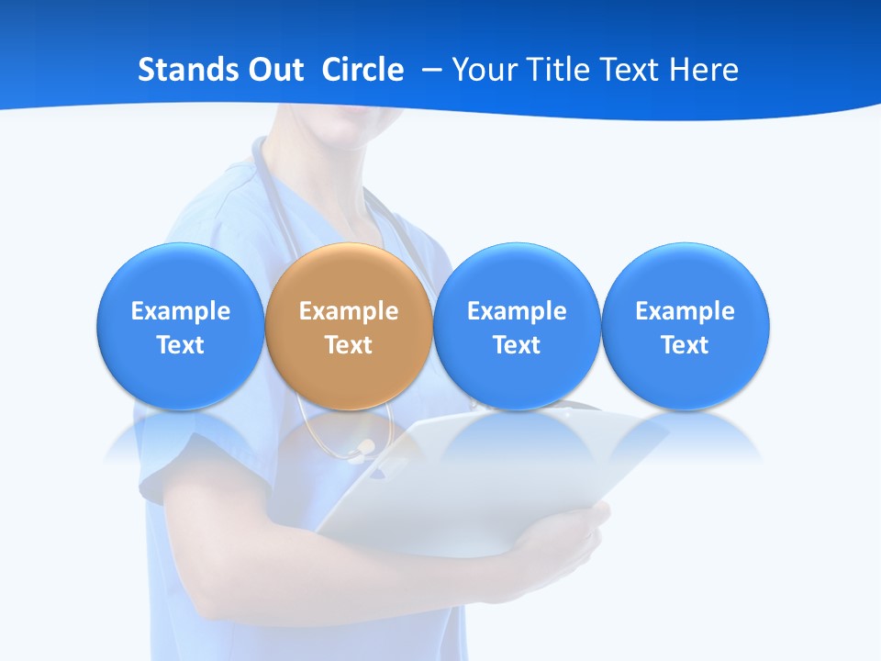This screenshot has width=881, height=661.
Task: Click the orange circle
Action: [x=349, y=327]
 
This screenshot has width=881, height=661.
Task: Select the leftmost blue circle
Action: [x=180, y=327]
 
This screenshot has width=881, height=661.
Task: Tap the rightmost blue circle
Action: [x=685, y=327]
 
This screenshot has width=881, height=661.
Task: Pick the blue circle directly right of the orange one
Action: [x=517, y=327]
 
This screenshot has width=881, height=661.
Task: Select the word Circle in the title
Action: [x=362, y=70]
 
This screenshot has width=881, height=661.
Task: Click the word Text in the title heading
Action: [x=631, y=70]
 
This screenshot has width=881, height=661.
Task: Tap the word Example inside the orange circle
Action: [x=349, y=311]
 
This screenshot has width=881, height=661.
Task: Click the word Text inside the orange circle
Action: [x=349, y=345]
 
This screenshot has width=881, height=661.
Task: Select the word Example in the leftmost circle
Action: [x=180, y=311]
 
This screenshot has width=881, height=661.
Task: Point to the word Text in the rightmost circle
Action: [x=685, y=345]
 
